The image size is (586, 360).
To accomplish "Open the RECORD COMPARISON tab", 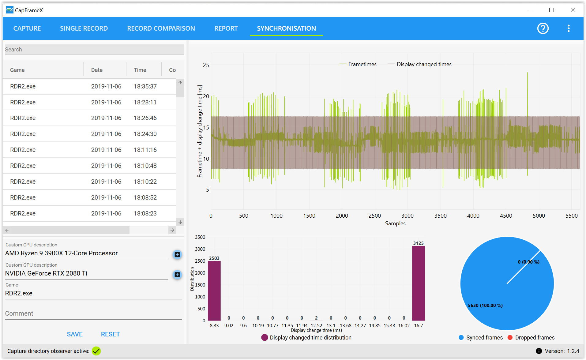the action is pos(161,28).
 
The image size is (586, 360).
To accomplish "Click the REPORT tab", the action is pos(226,28).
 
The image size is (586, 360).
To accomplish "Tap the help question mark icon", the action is pos(543,28).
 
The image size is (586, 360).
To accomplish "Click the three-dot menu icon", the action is pos(569,28).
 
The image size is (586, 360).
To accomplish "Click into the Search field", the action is pos(95,50).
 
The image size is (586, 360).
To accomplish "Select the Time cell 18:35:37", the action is pos(145,87).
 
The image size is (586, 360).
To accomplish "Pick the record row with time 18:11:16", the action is pos(89,150).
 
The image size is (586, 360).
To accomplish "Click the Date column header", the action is pos(97,70).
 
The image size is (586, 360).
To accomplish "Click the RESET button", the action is pos(111,334).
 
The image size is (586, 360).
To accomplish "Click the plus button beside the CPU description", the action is pos(177,255).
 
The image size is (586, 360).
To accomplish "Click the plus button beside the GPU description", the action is pos(177,275).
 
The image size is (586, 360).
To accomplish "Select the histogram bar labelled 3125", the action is pos(418,283).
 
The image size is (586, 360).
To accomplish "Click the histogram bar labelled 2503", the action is pos(214,291).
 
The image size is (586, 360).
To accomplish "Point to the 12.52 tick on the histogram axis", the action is pos(316,326).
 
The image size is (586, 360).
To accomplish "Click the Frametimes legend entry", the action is pos(358,64).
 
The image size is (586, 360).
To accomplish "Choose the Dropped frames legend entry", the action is pos(531,338).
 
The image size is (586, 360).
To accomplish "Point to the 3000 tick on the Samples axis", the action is pos(408,216).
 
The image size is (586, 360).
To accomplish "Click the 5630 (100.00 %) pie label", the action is pos(485,306).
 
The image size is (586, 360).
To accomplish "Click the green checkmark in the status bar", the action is pos(96,351).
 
